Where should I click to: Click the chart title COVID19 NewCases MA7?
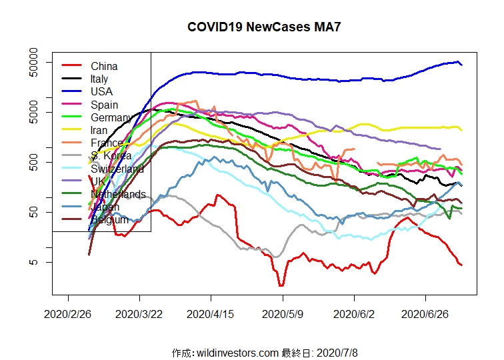(x=259, y=27)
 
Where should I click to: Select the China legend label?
(x=104, y=66)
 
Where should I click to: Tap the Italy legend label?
(x=99, y=79)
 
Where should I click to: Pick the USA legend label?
(x=101, y=91)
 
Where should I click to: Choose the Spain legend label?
(x=104, y=105)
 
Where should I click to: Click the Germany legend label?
(x=110, y=117)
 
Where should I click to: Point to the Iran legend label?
(x=100, y=130)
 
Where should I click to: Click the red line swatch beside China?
(x=71, y=66)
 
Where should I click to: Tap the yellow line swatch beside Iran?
(x=71, y=130)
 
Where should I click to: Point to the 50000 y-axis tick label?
(x=34, y=62)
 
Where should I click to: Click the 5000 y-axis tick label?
(x=34, y=112)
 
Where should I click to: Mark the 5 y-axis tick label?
(x=34, y=262)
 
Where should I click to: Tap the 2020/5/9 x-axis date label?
(x=283, y=313)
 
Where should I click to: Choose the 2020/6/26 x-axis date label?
(x=426, y=313)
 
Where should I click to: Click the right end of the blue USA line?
(x=462, y=65)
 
